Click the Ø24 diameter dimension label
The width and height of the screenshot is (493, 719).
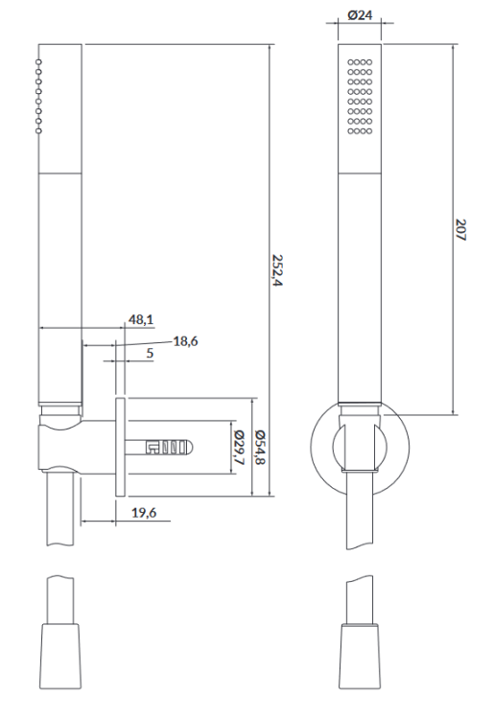pos(360,16)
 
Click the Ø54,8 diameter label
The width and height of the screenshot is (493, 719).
pos(259,448)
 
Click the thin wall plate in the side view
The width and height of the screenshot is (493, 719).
pos(119,445)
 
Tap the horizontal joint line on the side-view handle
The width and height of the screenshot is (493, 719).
pos(59,174)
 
